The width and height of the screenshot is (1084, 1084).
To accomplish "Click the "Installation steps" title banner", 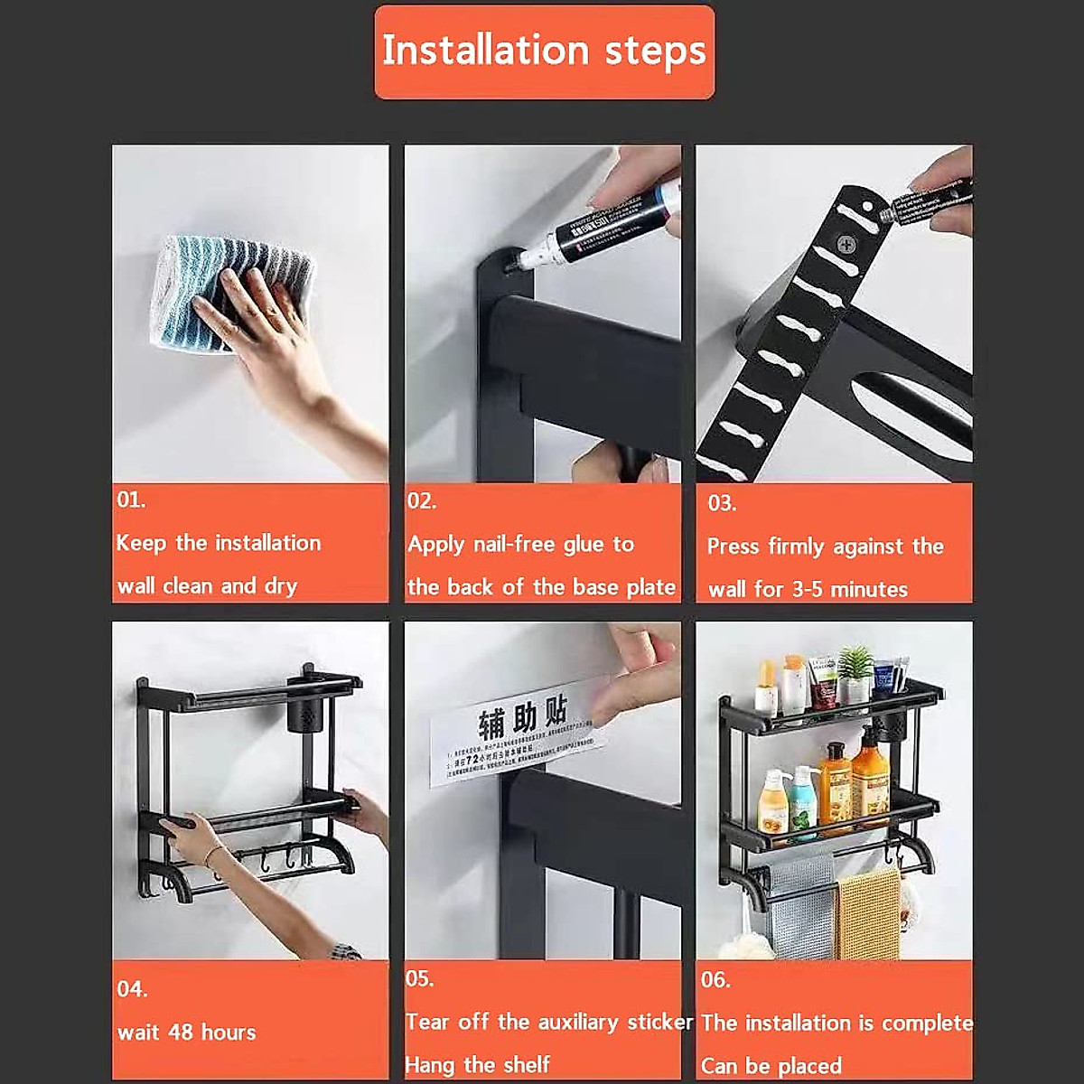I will [x=544, y=51].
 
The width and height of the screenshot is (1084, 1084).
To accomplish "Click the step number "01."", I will [x=131, y=500].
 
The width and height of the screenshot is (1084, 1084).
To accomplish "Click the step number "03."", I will [x=722, y=503].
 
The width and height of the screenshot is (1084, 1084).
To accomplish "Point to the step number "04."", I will [x=132, y=989].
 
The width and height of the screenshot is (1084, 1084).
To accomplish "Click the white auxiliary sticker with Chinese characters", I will [x=515, y=741].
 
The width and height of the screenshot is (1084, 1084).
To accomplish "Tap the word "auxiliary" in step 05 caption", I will [x=581, y=1022].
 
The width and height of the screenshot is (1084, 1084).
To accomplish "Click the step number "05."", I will [x=420, y=978].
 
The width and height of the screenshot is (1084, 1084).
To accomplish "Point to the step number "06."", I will [x=715, y=979].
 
